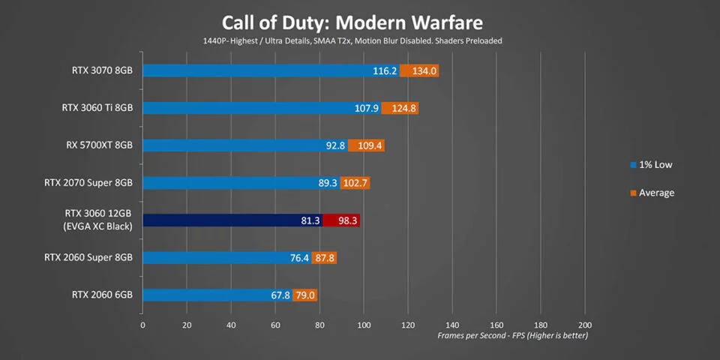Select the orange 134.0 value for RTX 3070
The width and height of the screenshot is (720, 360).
(x=419, y=70)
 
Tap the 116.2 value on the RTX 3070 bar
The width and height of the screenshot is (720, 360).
(x=384, y=70)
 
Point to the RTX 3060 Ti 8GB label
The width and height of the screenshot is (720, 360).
(x=97, y=108)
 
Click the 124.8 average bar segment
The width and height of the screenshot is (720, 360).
(x=400, y=108)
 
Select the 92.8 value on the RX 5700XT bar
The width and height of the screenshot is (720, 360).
(x=335, y=145)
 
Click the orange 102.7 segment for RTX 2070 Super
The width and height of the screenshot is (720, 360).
(x=355, y=183)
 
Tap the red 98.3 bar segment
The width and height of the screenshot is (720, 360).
(x=341, y=220)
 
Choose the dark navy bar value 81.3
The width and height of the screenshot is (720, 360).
(x=310, y=220)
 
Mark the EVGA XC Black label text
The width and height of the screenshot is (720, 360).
(x=98, y=227)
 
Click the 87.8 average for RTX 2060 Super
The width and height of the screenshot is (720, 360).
(x=325, y=258)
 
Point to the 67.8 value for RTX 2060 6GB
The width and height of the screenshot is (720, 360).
(x=280, y=295)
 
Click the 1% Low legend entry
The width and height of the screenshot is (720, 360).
(x=653, y=164)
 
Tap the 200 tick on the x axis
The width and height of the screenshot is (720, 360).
(x=586, y=325)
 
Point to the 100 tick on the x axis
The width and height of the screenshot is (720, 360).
(x=364, y=325)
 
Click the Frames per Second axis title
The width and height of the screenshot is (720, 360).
(x=512, y=335)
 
